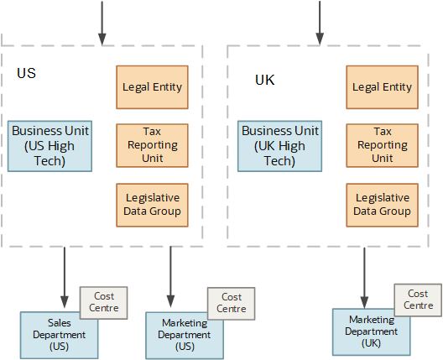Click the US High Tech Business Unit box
[x=50, y=146]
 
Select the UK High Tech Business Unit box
[x=279, y=146]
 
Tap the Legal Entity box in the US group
[x=152, y=86]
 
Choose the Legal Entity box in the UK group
[x=383, y=86]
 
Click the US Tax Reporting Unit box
[x=152, y=145]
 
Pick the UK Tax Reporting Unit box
[x=383, y=145]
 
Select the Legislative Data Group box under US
[x=152, y=204]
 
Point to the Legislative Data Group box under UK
[x=383, y=204]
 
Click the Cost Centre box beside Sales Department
[x=104, y=302]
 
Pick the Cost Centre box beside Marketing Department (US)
[x=232, y=303]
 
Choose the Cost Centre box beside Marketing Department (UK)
[x=418, y=300]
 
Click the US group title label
[x=26, y=73]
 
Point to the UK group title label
[x=264, y=81]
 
